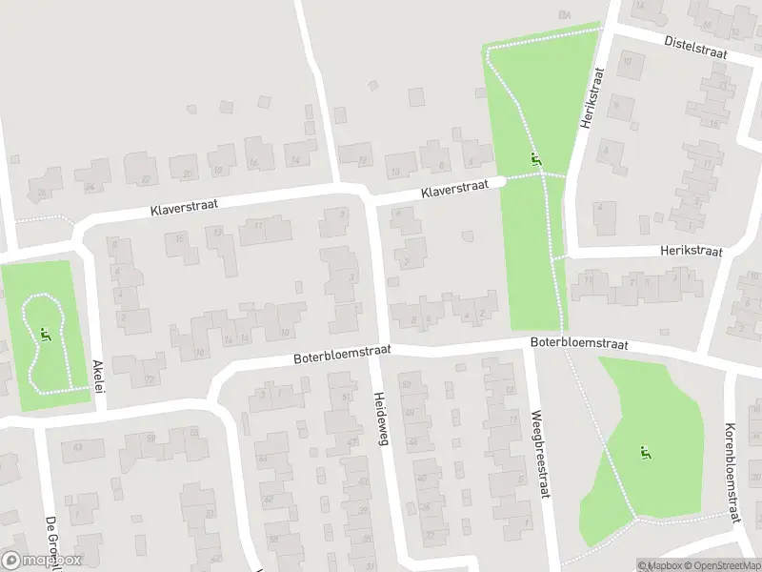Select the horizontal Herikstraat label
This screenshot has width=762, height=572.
[691, 252]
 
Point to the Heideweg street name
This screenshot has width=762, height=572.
[382, 420]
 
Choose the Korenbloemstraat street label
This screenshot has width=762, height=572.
[732, 474]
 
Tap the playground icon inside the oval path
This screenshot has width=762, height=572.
[44, 334]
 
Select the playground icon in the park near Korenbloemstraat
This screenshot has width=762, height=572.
[648, 451]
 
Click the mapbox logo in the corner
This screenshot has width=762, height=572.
[41, 561]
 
